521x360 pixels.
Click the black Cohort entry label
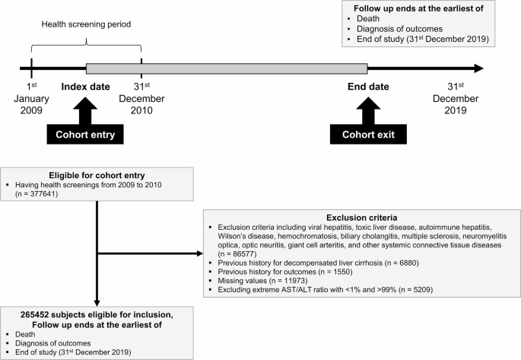click(x=84, y=136)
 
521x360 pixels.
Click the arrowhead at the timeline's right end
click(x=477, y=68)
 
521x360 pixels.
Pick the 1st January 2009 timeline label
click(x=31, y=98)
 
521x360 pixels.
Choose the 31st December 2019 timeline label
click(x=455, y=98)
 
